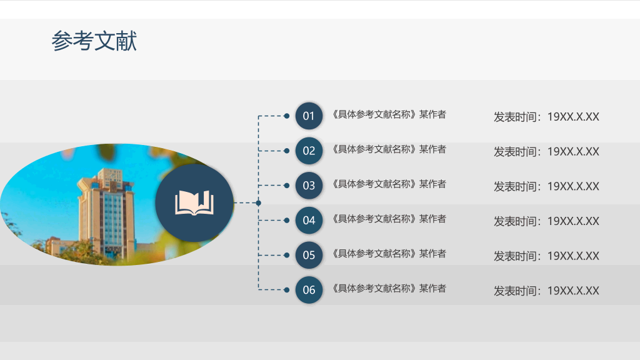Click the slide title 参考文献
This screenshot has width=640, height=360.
[94, 41]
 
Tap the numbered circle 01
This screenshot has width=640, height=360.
[309, 116]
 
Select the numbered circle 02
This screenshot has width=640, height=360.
[309, 151]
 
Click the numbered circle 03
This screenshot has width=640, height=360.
[309, 185]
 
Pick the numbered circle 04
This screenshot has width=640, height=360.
[309, 221]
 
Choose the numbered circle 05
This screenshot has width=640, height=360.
[309, 255]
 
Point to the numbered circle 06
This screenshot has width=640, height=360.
[309, 290]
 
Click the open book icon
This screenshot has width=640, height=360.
[194, 203]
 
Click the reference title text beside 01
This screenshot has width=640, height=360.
[389, 114]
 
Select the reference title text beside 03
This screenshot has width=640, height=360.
[389, 184]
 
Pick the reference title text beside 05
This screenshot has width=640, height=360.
[389, 254]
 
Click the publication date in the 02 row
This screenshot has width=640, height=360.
[546, 152]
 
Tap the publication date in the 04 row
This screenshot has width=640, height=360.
[546, 221]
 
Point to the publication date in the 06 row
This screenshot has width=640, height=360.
[546, 291]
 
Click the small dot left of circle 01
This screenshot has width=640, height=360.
[286, 116]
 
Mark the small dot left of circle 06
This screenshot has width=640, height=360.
[286, 290]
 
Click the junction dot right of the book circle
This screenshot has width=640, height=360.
[258, 203]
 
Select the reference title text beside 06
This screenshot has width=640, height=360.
[389, 288]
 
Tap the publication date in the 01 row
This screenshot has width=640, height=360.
[546, 117]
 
